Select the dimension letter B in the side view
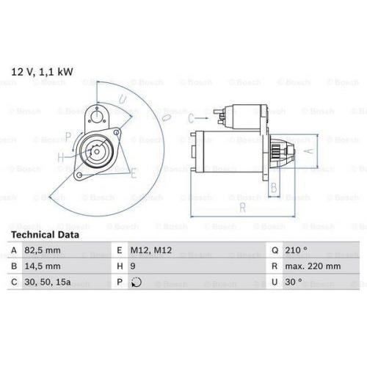point(274,188)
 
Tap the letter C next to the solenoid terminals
point(190,118)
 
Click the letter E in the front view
point(133,174)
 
